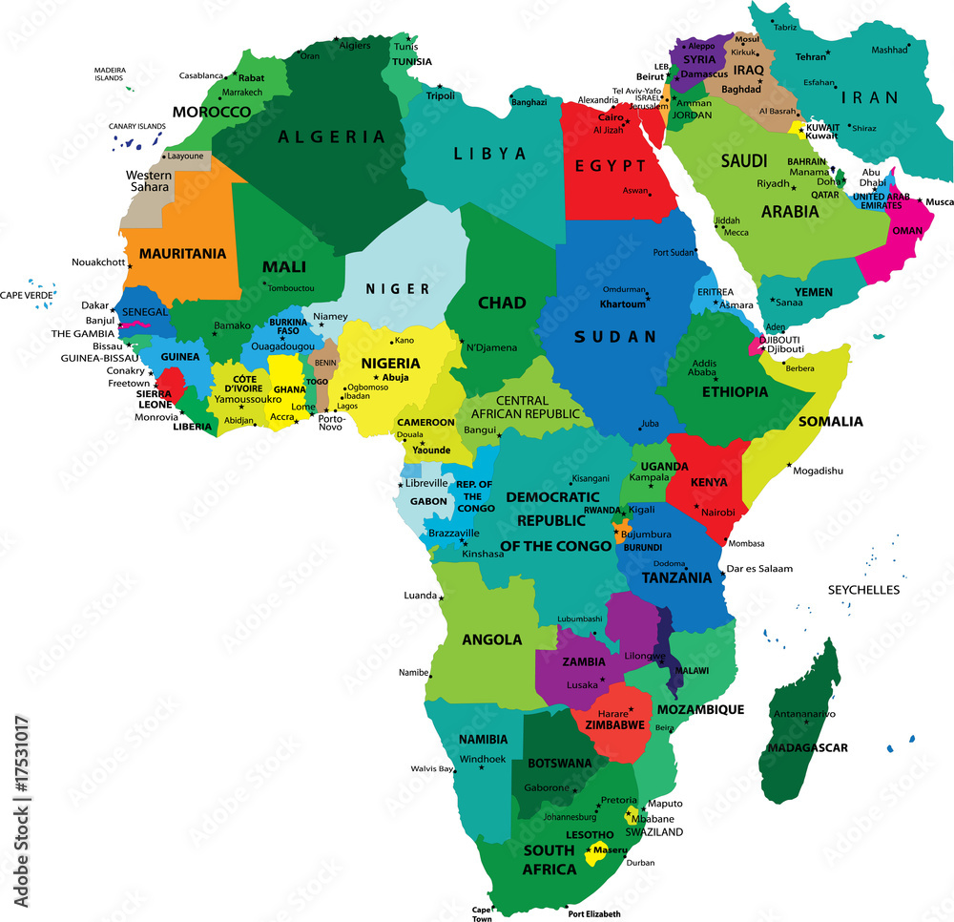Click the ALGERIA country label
[x=332, y=136]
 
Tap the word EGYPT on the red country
[x=611, y=166]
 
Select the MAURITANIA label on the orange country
[x=183, y=254]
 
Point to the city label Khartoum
[x=623, y=304]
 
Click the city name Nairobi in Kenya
[x=717, y=513]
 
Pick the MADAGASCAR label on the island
[x=807, y=747]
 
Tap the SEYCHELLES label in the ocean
[x=863, y=590]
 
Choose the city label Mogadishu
[x=818, y=471]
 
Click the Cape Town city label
[x=482, y=913]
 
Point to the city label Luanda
[x=421, y=595]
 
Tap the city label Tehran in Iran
[x=811, y=56]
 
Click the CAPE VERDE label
[x=26, y=295]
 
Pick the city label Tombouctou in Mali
[x=292, y=287]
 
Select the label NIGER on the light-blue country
[x=398, y=288]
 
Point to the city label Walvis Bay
[x=431, y=768]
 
